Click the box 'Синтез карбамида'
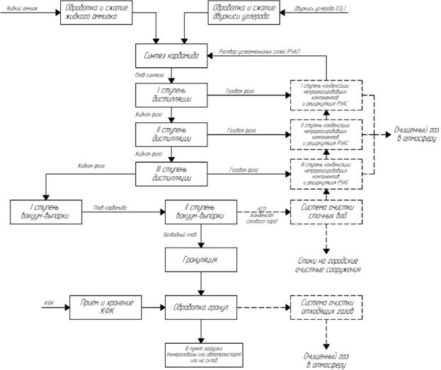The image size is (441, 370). click(x=171, y=55)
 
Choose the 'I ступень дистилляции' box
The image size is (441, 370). click(x=171, y=95)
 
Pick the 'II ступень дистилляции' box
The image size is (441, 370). click(x=171, y=133)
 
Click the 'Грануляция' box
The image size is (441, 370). click(x=200, y=260)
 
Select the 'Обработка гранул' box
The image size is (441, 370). click(x=200, y=307)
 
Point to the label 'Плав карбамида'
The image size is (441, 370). click(x=110, y=207)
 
